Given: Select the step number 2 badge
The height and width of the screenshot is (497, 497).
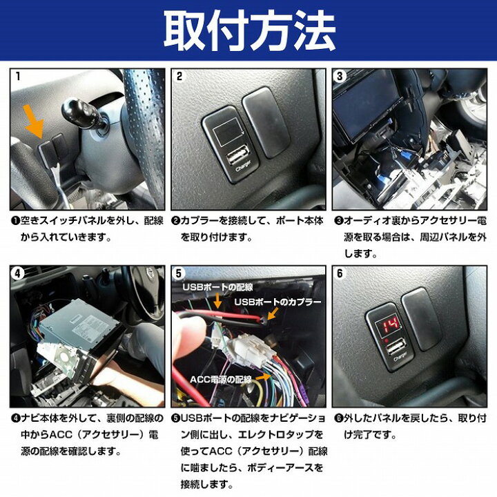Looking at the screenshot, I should [x=179, y=77].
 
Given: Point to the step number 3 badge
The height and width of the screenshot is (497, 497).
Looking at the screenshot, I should [x=339, y=77].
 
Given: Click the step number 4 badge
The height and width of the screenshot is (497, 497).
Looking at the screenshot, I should [x=17, y=272].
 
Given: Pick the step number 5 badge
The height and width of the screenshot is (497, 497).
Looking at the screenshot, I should [x=179, y=272].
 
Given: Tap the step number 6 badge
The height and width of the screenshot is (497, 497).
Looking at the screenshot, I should [x=339, y=272].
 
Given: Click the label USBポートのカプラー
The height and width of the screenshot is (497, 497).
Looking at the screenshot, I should [x=278, y=302].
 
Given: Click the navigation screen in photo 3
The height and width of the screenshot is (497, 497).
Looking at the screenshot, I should [x=369, y=104].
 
